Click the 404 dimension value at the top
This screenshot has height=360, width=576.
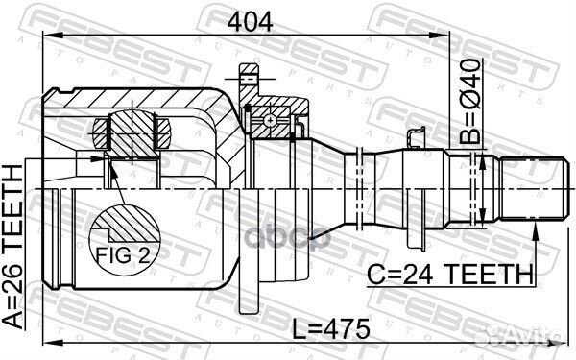pyautogui.click(x=250, y=22)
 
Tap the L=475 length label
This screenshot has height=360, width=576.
pyautogui.click(x=331, y=328)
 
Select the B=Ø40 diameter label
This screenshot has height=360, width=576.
pyautogui.click(x=469, y=101)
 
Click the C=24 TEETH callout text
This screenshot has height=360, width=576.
pyautogui.click(x=450, y=274)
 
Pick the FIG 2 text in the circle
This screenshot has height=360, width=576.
pyautogui.click(x=123, y=254)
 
